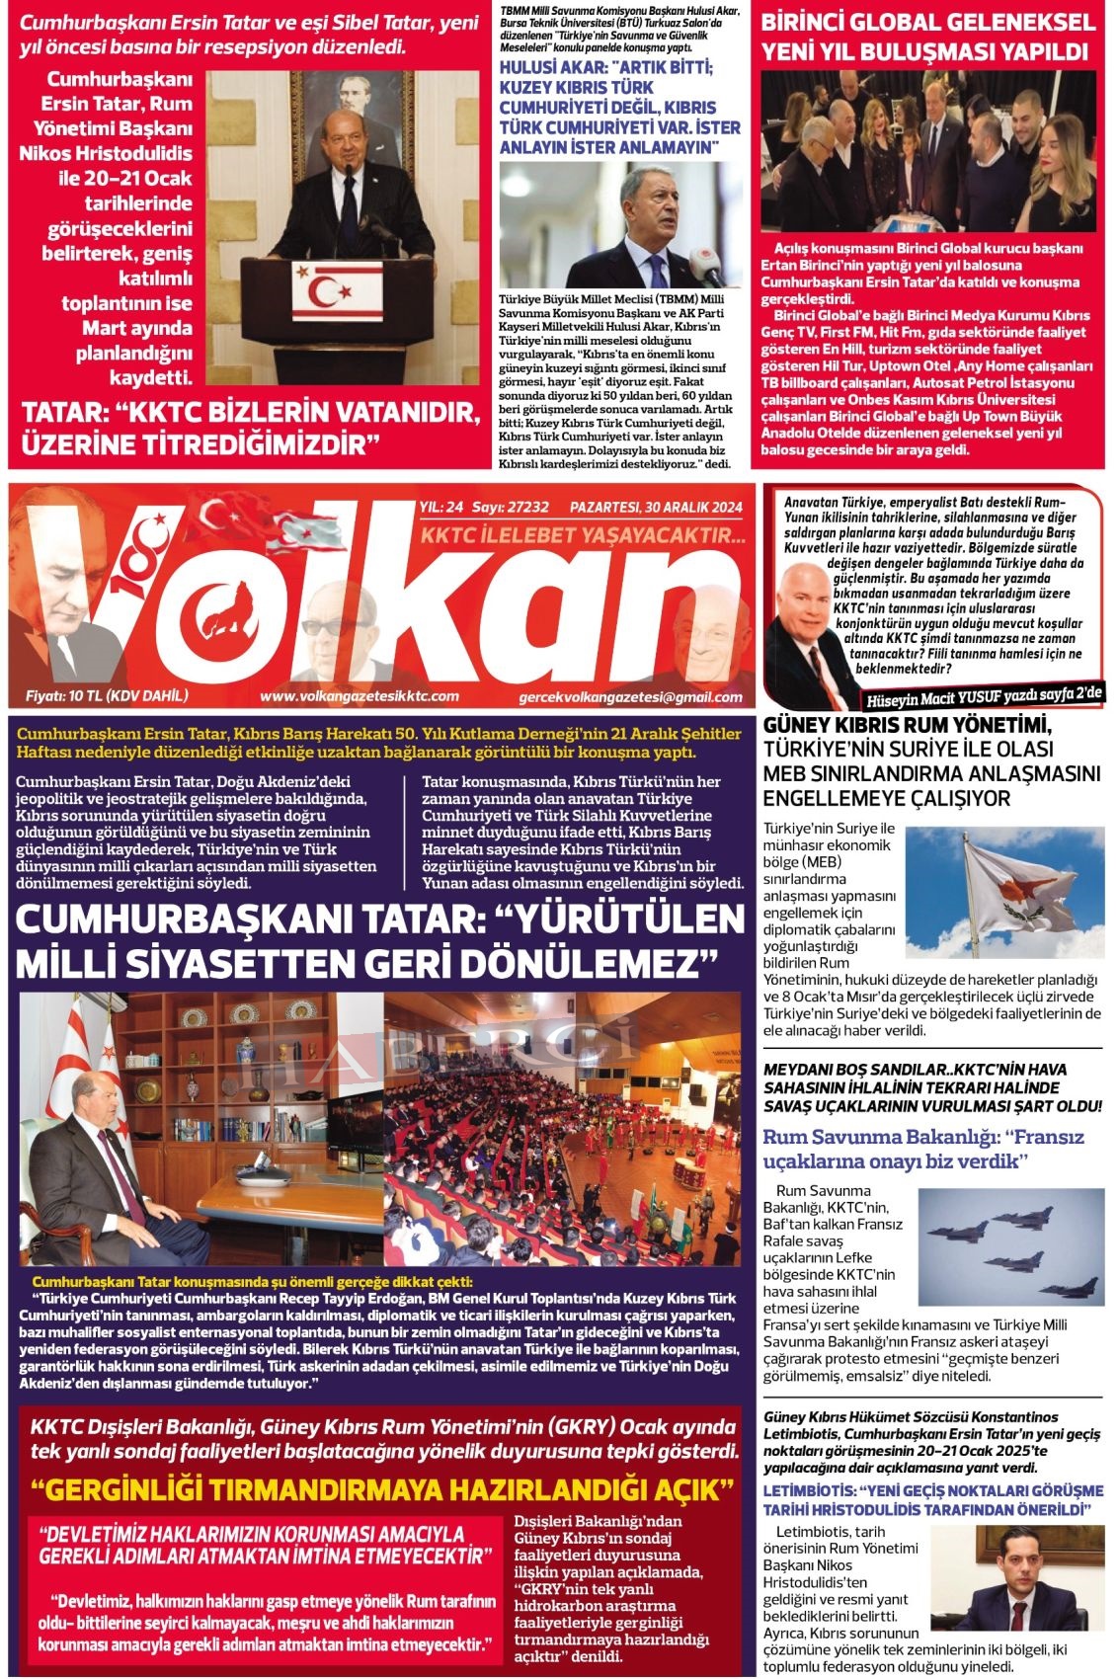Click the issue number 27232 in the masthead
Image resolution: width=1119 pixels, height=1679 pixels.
tap(525, 508)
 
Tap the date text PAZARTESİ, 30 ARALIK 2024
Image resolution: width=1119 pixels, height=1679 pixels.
tap(656, 508)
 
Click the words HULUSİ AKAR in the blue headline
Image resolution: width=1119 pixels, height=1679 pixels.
tap(550, 69)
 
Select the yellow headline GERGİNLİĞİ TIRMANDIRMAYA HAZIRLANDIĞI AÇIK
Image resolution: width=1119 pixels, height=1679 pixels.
tap(382, 1489)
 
